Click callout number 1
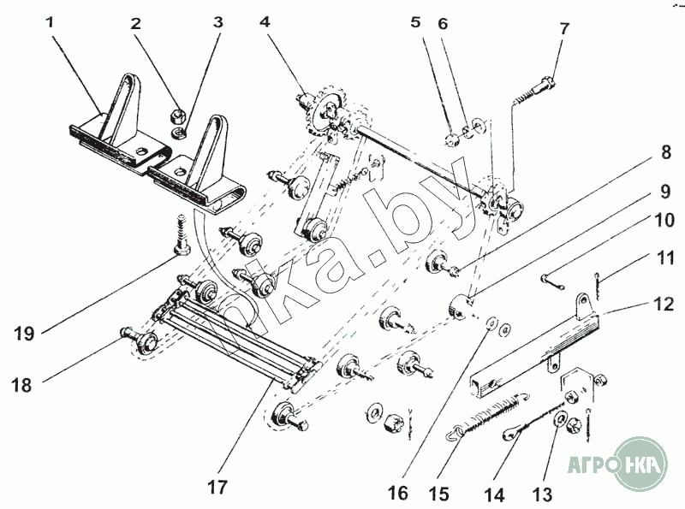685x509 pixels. (x=50, y=23)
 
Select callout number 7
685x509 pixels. (x=564, y=29)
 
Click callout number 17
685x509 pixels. (x=217, y=488)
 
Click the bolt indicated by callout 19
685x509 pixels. (x=182, y=237)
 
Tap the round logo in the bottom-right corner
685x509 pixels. (x=641, y=465)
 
